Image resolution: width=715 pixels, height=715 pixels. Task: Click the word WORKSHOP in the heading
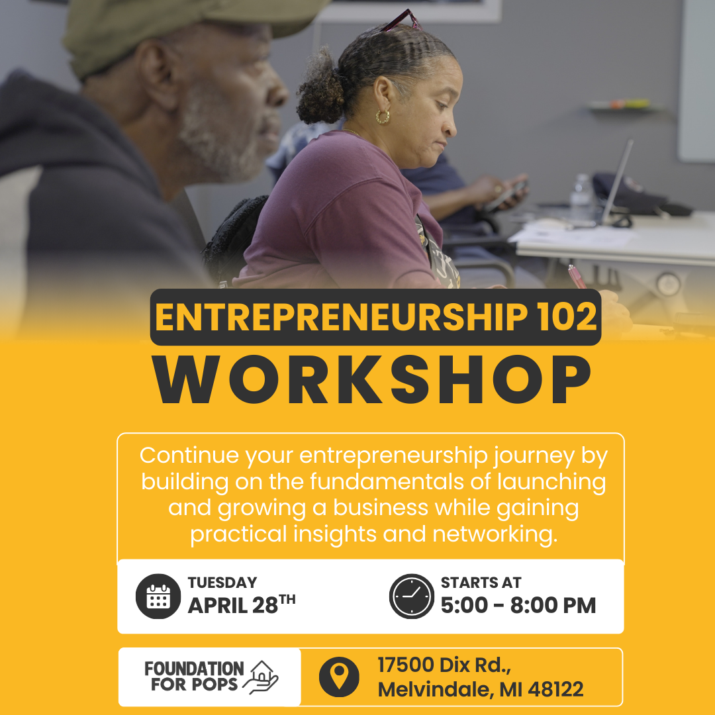[372, 379]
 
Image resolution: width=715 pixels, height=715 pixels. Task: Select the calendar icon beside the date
[158, 596]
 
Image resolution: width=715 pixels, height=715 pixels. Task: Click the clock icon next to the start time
[412, 596]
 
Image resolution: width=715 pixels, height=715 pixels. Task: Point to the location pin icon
[339, 677]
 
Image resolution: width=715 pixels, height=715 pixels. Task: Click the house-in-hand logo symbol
[261, 677]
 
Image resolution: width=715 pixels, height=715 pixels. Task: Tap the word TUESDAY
[222, 583]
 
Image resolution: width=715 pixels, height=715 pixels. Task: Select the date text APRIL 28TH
[242, 604]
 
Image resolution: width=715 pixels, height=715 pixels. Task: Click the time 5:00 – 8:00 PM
[518, 605]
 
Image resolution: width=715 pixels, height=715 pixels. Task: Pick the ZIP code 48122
[555, 689]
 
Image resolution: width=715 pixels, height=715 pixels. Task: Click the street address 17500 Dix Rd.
[444, 665]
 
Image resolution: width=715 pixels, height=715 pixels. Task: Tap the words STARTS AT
[481, 583]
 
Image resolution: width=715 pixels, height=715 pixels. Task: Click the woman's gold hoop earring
[383, 117]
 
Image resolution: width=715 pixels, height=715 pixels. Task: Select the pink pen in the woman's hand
[577, 276]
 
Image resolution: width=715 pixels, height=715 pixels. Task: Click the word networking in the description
[495, 534]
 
